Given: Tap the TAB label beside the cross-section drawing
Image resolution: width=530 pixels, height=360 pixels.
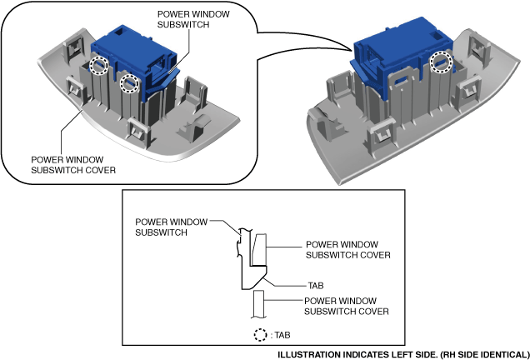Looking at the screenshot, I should (316, 285).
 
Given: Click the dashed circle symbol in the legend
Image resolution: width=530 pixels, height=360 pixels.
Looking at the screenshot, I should (260, 335).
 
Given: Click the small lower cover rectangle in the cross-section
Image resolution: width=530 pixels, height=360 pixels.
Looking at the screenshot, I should (257, 303).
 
